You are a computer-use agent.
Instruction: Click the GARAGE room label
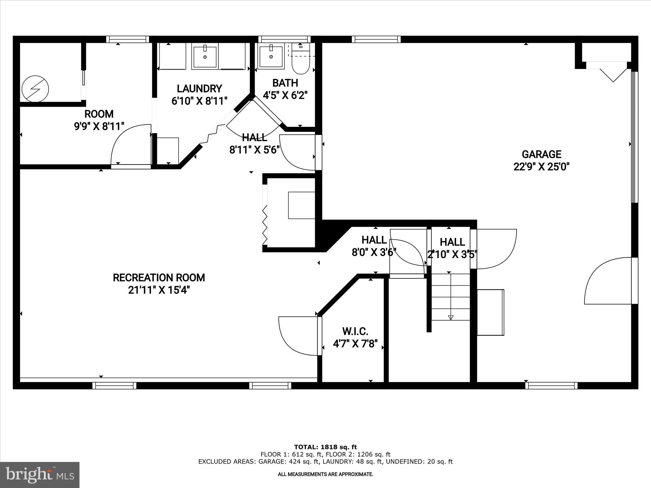click(x=541, y=154)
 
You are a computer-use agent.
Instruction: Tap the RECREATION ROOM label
click(x=159, y=278)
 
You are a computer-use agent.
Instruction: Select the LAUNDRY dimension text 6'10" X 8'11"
click(x=199, y=101)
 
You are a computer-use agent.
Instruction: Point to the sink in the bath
click(x=271, y=57)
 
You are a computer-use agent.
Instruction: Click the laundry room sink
click(x=205, y=57)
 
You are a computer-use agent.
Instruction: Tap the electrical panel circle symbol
click(x=35, y=89)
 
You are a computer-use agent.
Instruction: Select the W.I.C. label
click(x=355, y=331)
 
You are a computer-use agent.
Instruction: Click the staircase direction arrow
click(x=450, y=317)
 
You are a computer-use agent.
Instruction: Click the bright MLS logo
click(x=40, y=475)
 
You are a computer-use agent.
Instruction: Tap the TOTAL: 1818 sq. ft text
click(x=325, y=447)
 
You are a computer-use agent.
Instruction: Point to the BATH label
click(x=285, y=83)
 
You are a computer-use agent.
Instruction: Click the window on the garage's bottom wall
click(x=551, y=386)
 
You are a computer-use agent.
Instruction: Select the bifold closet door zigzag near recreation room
click(x=265, y=224)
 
